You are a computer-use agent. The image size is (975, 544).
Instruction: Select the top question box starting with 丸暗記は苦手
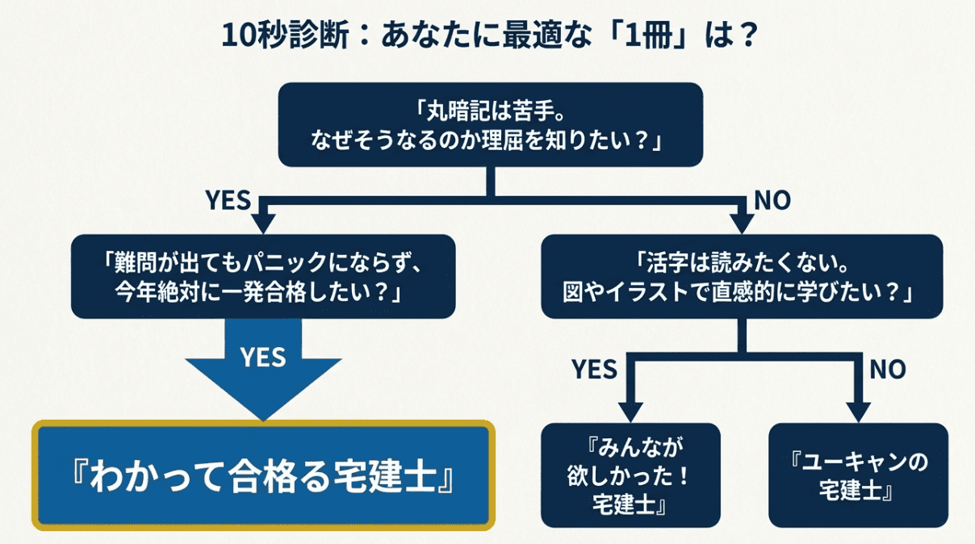tap(490, 125)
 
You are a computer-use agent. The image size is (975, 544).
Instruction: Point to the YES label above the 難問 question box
tap(228, 200)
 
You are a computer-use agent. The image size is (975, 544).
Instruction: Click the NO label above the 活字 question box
tap(772, 200)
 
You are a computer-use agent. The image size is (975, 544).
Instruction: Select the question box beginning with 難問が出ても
tap(263, 276)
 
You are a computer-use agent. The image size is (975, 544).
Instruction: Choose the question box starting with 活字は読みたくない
tap(741, 276)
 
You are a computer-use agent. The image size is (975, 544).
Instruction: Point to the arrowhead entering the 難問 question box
tap(263, 223)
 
